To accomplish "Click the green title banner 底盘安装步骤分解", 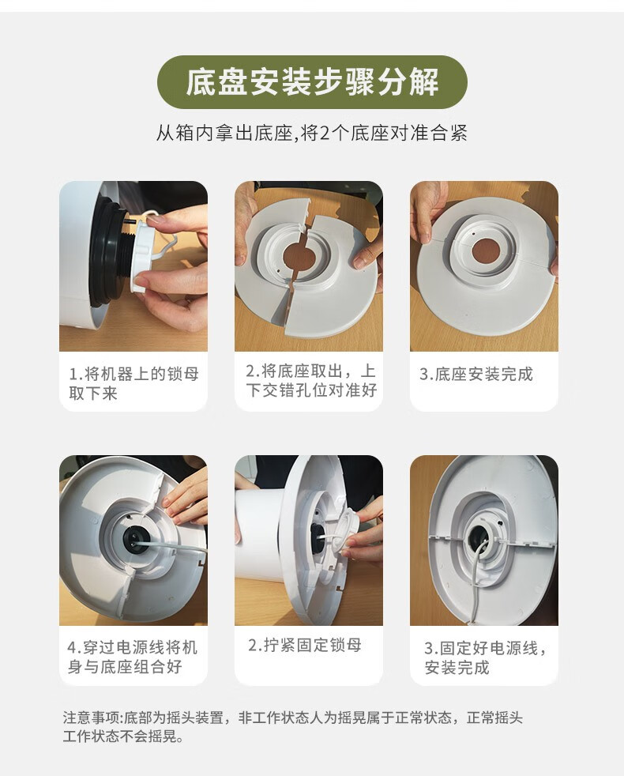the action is pos(312,82).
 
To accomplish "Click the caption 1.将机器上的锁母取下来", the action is pos(133,383).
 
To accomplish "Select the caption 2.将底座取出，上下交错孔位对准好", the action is pos(310,380).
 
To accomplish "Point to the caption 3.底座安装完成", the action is pos(476,374).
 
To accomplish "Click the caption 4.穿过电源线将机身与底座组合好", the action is pos(133,657).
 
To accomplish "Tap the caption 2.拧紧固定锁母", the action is pos(305,645).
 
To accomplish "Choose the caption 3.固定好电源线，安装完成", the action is pos(486,657).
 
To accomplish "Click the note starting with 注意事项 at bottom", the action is pos(292,726).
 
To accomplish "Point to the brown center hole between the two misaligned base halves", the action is pos(299,257).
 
